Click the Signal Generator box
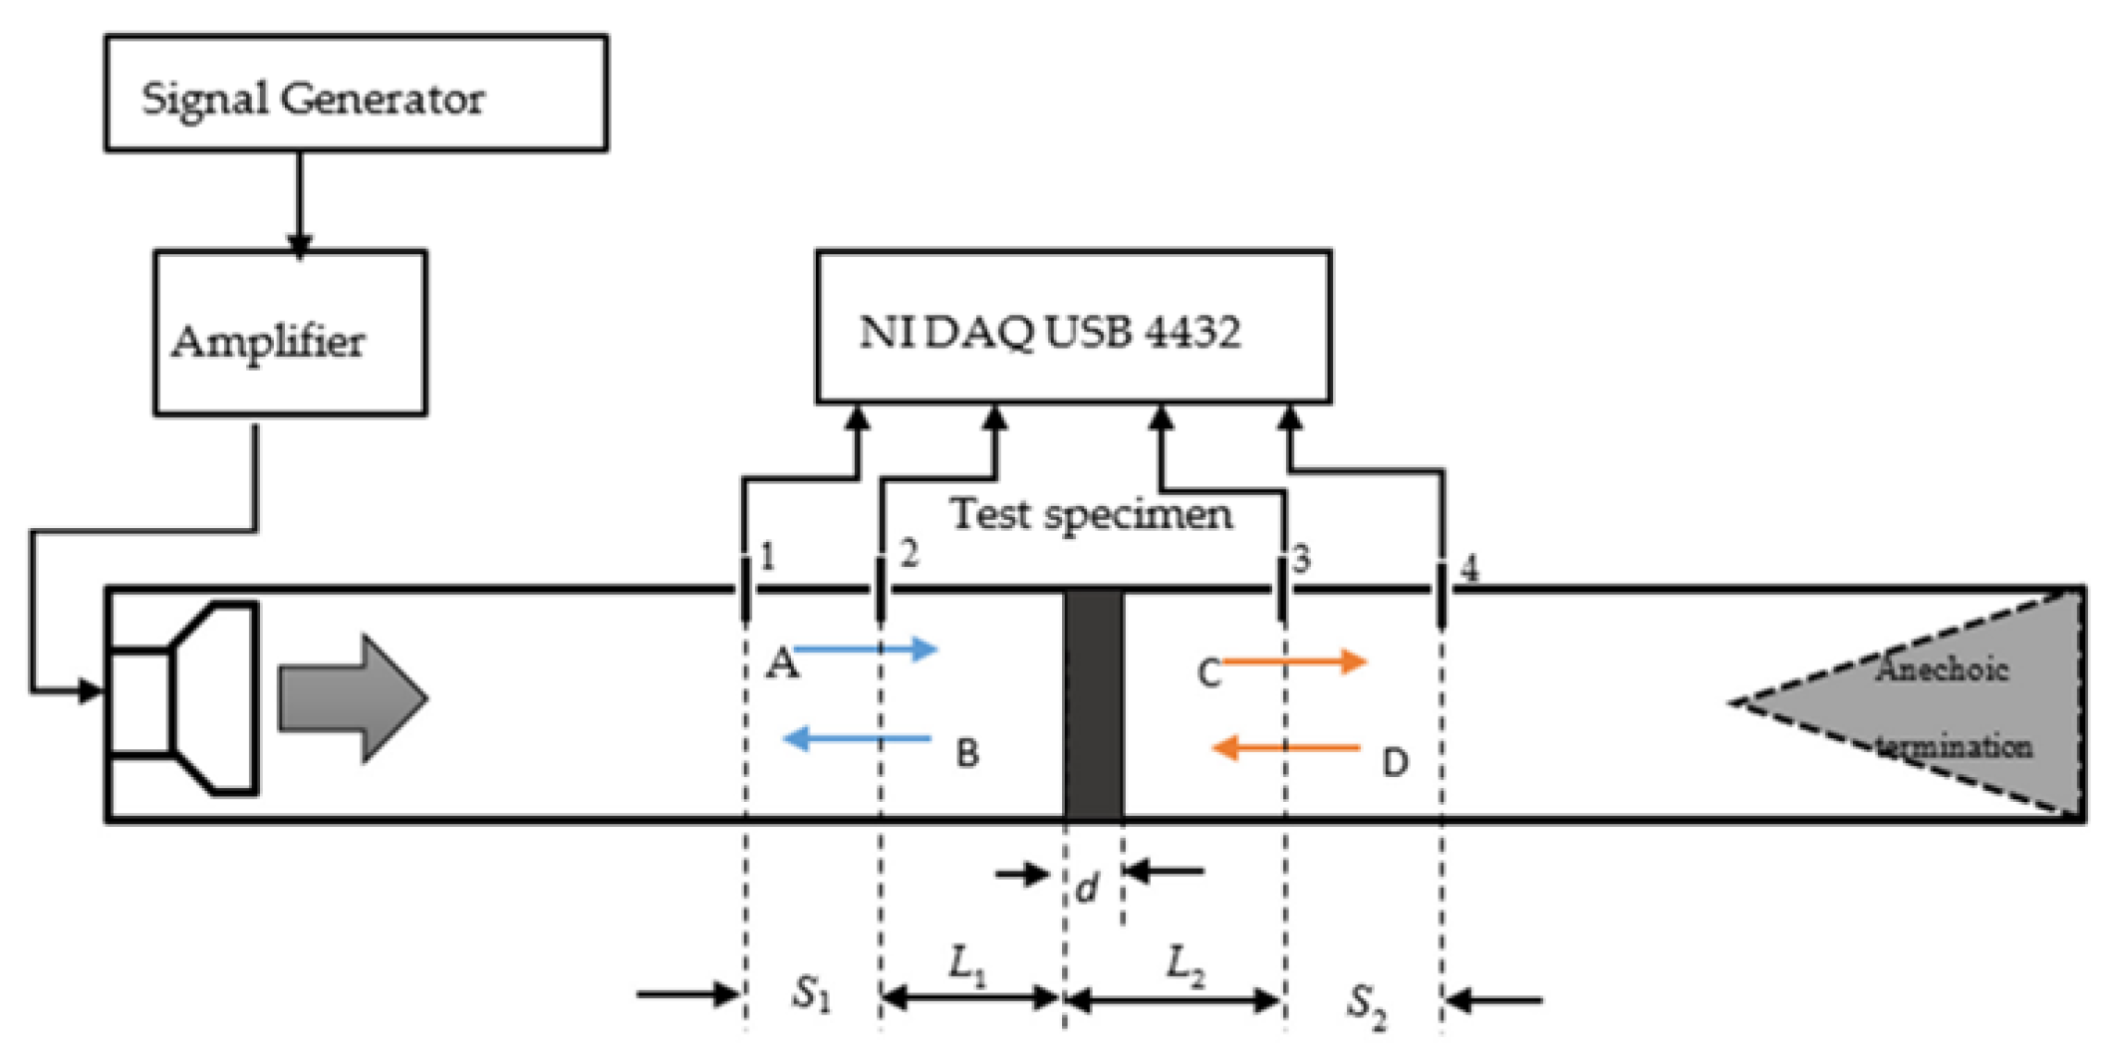(x=356, y=94)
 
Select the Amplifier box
(x=290, y=333)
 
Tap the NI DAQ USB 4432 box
(x=1073, y=327)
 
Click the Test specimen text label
(x=1091, y=515)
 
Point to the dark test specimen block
(x=1093, y=703)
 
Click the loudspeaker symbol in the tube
(x=185, y=698)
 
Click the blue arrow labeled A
(x=867, y=651)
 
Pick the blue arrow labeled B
(x=857, y=739)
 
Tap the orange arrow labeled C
(x=1295, y=661)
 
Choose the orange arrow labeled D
(x=1285, y=747)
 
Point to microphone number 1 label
(x=766, y=557)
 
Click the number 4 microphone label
(x=1468, y=569)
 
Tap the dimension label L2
(x=1186, y=964)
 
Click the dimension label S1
(x=811, y=993)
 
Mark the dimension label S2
(x=1367, y=1003)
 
